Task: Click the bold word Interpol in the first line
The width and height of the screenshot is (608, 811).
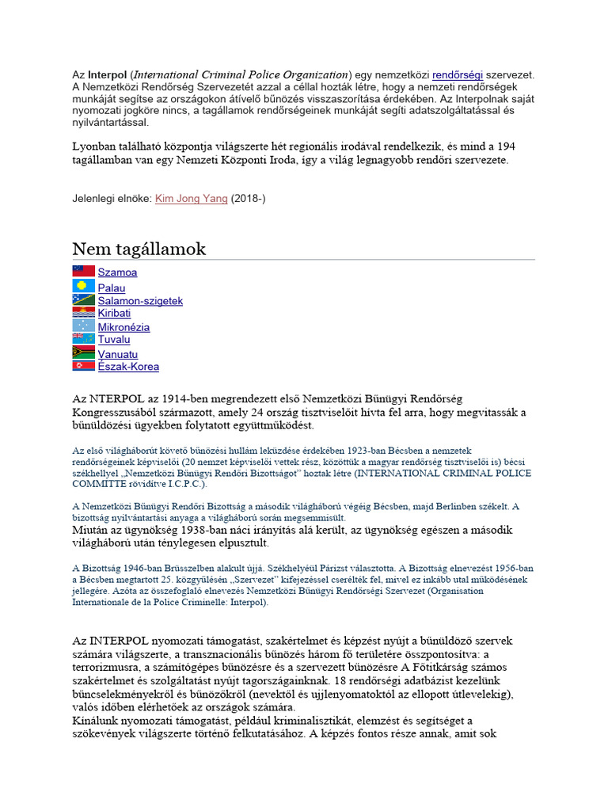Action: pos(108,74)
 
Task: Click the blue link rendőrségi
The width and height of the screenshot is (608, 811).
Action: pos(458,74)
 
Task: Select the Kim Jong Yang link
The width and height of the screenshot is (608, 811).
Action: pos(191,198)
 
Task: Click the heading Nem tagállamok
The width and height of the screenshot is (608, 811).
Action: pos(139,249)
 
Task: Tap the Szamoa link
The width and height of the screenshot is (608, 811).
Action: pos(117,272)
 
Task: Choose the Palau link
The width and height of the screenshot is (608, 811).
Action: pos(112,288)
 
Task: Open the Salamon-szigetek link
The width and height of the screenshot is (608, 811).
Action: pos(140,301)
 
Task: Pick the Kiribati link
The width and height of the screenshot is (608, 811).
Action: pos(114,314)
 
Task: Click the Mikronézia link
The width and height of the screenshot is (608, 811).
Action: pos(123,327)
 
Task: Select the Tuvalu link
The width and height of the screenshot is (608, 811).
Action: pos(114,340)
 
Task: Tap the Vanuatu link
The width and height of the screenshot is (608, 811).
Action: pos(118,354)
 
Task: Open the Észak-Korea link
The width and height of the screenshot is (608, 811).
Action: pos(128,367)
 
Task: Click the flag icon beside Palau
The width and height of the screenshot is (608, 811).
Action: pos(83,287)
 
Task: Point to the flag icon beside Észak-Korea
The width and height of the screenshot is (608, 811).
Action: pos(83,366)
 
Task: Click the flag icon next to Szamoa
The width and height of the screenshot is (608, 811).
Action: pos(83,272)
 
